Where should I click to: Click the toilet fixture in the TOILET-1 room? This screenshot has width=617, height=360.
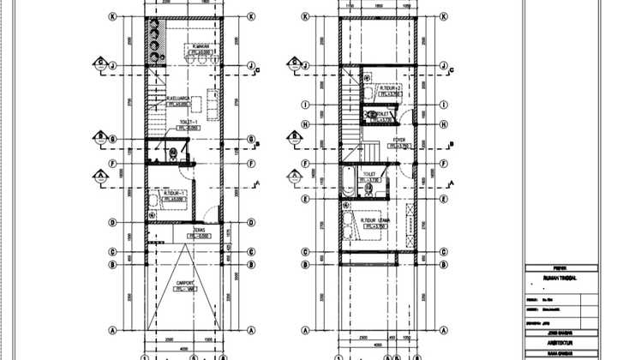(x=173, y=153)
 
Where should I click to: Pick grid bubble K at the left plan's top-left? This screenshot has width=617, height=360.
(x=113, y=16)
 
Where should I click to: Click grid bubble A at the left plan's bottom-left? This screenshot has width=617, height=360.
(x=113, y=330)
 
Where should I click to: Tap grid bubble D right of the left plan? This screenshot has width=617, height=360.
(x=251, y=223)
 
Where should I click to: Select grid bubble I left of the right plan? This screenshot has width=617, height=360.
(x=305, y=105)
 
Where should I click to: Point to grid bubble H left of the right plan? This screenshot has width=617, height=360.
(x=305, y=123)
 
